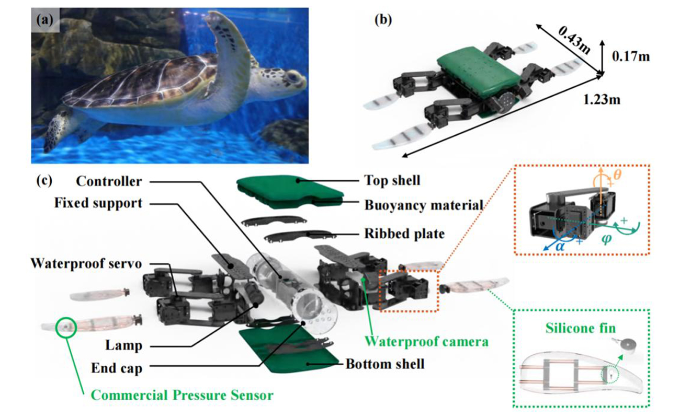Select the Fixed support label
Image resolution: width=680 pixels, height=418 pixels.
(x=98, y=203)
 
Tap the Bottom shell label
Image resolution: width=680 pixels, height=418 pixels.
(x=384, y=363)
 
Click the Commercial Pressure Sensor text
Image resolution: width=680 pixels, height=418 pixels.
(x=182, y=395)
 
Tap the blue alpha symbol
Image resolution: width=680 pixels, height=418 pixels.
(x=559, y=246)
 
